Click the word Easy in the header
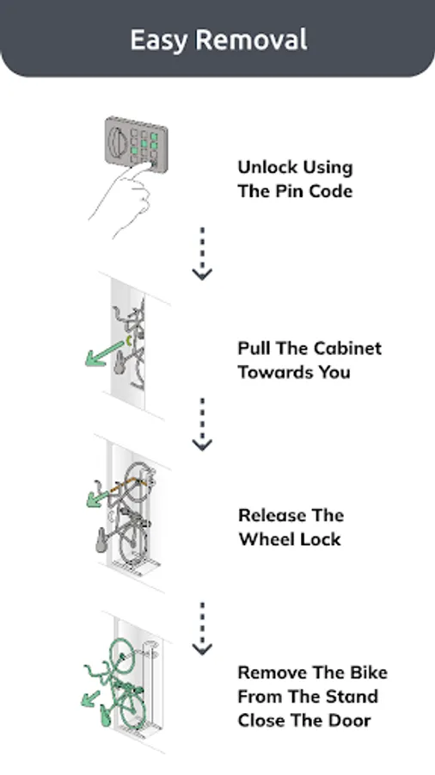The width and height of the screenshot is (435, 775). tap(159, 40)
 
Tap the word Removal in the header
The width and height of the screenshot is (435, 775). tap(251, 39)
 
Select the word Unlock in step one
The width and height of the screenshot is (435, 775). tap(266, 167)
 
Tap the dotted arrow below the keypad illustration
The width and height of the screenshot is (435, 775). tap(202, 253)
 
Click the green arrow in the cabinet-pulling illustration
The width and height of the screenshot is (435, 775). tap(104, 354)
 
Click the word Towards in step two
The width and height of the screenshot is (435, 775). tap(275, 372)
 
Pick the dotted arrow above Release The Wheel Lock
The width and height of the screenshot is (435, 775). tap(202, 424)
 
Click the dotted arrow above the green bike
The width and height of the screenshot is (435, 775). tap(202, 629)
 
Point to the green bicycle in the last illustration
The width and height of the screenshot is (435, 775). tap(117, 684)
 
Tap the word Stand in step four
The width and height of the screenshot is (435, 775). tap(353, 697)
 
